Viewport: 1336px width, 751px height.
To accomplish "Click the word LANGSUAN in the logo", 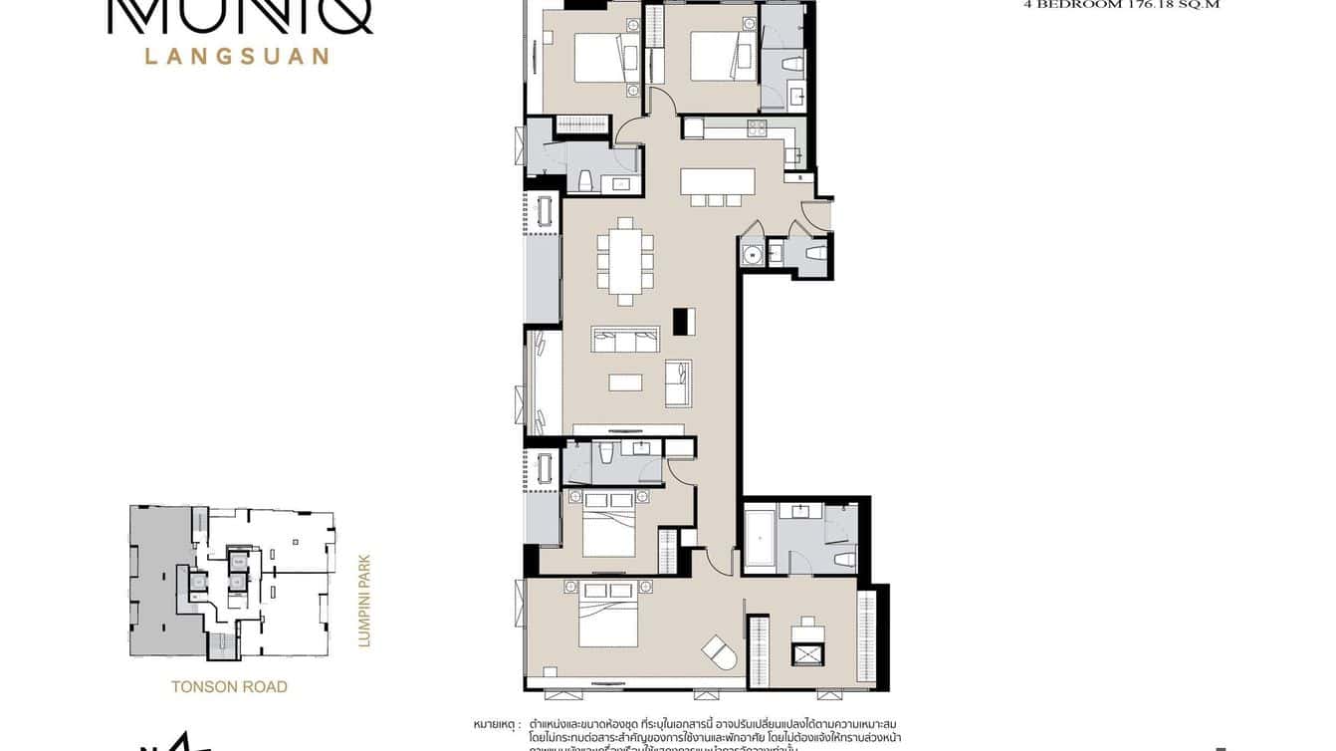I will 237,57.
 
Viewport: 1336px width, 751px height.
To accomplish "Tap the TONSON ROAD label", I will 229,686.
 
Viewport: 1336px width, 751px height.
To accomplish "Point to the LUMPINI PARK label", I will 363,601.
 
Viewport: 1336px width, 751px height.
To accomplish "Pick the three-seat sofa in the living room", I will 625,340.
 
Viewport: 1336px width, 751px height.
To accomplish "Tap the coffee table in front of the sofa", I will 625,381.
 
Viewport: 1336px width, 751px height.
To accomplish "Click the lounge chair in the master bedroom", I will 719,652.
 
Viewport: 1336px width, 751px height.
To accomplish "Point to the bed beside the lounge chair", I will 608,619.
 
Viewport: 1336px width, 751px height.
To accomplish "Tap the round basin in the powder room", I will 754,255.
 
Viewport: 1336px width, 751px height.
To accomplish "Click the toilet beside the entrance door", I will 815,255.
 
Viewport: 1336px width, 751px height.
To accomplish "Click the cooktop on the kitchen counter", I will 758,127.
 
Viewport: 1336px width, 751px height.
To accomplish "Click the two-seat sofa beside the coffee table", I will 679,383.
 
